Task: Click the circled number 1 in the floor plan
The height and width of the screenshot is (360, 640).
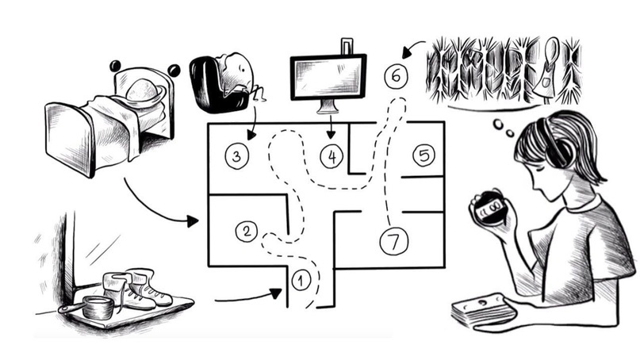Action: pos(301,279)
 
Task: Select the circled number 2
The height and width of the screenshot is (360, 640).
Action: pos(247,232)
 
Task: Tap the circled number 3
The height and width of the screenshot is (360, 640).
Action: pos(236,155)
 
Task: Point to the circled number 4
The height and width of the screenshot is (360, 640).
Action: pos(331,156)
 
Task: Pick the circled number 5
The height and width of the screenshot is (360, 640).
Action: pos(423,155)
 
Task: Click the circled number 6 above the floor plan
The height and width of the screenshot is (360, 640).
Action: pos(396,76)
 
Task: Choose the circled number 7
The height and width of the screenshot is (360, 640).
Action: pos(393,240)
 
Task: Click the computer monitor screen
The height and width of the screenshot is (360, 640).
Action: pos(328,76)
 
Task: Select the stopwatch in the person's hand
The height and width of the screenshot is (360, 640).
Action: pos(486,208)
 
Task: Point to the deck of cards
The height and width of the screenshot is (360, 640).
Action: pos(480,309)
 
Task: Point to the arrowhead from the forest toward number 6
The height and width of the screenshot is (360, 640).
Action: pos(407,53)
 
